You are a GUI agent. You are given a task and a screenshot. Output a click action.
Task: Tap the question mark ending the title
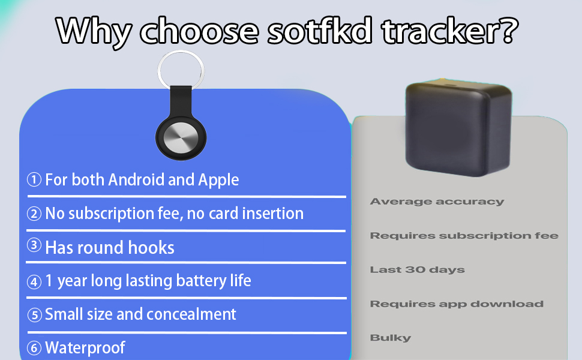point(503,30)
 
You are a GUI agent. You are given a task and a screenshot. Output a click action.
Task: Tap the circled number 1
point(34,179)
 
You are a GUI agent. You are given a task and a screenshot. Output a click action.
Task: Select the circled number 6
point(35,347)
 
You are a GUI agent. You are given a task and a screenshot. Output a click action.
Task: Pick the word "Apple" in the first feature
point(219,179)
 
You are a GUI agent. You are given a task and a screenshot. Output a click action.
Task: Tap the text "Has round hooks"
point(110,247)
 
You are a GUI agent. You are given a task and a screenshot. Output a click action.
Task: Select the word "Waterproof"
point(85,347)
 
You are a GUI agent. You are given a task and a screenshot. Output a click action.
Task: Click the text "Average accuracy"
point(437,202)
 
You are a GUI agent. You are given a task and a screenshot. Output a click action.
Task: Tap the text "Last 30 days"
point(417,269)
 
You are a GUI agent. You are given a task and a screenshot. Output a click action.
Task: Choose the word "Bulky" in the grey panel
point(391,338)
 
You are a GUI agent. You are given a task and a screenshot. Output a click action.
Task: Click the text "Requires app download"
point(457,304)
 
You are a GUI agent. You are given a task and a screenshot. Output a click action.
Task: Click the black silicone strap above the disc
point(181,100)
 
